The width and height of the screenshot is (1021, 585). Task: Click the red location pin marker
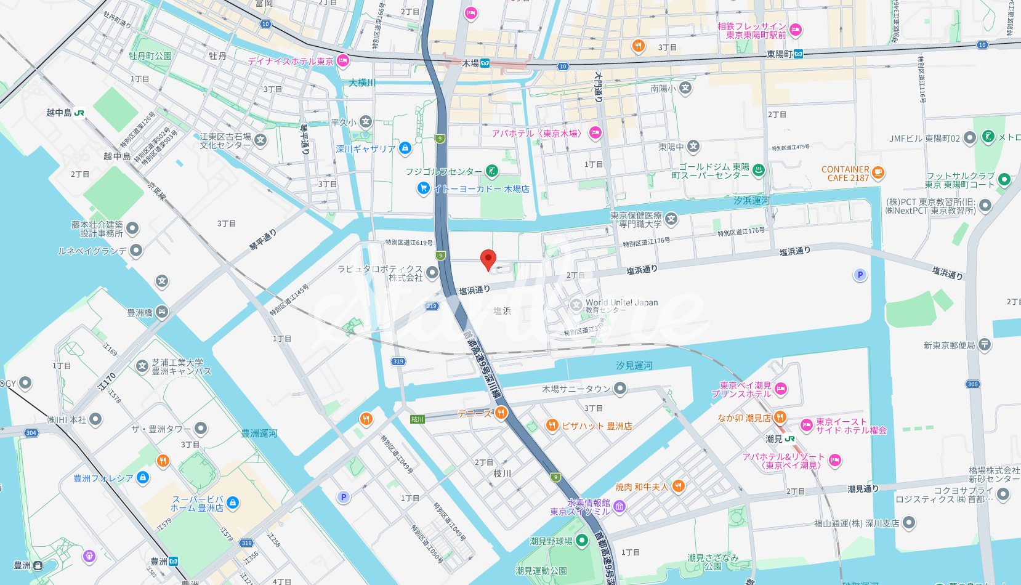pyautogui.click(x=488, y=259)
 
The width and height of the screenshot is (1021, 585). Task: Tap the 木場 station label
pyautogui.click(x=470, y=63)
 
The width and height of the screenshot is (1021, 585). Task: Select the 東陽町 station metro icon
pyautogui.click(x=798, y=54)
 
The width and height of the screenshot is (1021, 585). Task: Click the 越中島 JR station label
pyautogui.click(x=59, y=113)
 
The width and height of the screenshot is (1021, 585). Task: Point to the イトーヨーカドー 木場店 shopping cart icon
pyautogui.click(x=423, y=188)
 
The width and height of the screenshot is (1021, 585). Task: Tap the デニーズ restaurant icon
pyautogui.click(x=501, y=413)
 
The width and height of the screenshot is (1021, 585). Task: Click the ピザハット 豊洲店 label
pyautogui.click(x=597, y=426)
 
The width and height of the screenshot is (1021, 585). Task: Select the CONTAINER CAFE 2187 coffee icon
pyautogui.click(x=878, y=172)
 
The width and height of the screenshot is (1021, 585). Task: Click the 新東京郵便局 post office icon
pyautogui.click(x=985, y=345)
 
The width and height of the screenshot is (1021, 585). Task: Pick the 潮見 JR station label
pyautogui.click(x=774, y=439)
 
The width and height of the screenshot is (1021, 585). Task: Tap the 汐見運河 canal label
pyautogui.click(x=634, y=366)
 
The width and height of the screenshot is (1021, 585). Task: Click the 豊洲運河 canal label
pyautogui.click(x=259, y=434)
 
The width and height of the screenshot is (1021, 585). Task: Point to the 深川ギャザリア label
pyautogui.click(x=366, y=149)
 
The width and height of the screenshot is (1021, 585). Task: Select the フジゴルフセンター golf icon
pyautogui.click(x=491, y=171)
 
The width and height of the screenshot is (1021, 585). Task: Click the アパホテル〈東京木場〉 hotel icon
pyautogui.click(x=595, y=132)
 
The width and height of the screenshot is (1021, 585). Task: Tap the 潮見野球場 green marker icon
pyautogui.click(x=582, y=541)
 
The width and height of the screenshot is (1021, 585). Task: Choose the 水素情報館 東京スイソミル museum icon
pyautogui.click(x=619, y=506)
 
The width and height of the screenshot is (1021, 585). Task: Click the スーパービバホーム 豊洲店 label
pyautogui.click(x=197, y=504)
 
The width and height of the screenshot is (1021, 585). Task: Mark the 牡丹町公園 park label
pyautogui.click(x=150, y=56)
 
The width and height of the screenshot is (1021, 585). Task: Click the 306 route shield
pyautogui.click(x=973, y=384)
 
